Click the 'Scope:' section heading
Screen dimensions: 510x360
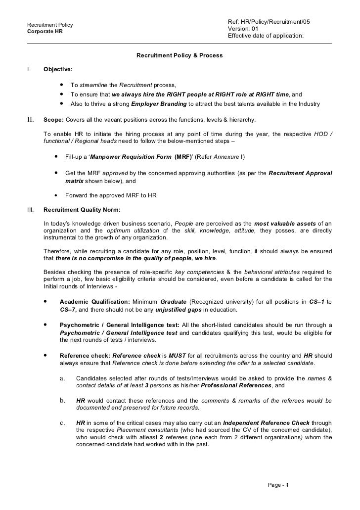click(53, 120)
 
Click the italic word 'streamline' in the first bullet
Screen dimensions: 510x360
click(93, 85)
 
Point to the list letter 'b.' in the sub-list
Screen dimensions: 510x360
click(63, 401)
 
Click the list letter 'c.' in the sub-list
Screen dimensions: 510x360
click(63, 423)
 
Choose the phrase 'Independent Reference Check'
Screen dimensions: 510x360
click(267, 423)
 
